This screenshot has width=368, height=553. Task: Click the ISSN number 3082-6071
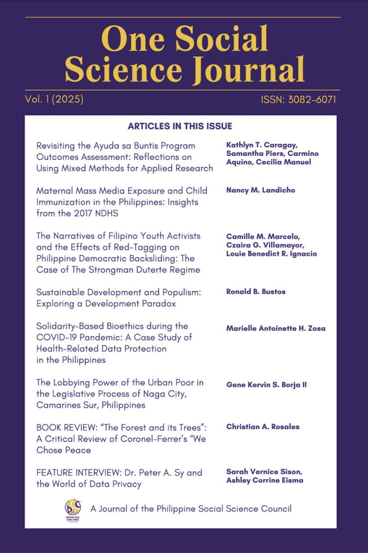[x=312, y=100]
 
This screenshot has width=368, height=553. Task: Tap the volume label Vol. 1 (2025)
[x=54, y=99]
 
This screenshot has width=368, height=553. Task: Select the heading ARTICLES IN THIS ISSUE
[x=180, y=126]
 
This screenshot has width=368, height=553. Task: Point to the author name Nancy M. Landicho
[x=260, y=190]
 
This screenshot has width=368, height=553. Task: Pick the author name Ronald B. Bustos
[x=255, y=292]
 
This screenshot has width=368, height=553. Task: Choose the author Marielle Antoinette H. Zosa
[x=276, y=328]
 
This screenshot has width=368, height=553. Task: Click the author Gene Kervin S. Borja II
[x=266, y=385]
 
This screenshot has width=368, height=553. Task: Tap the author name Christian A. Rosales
[x=263, y=427]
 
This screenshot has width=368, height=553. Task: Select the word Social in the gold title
[x=222, y=39]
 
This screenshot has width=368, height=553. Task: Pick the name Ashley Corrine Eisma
[x=264, y=480]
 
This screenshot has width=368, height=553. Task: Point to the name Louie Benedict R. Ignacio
[x=271, y=254]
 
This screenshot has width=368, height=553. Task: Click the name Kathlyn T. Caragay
[x=261, y=145]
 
